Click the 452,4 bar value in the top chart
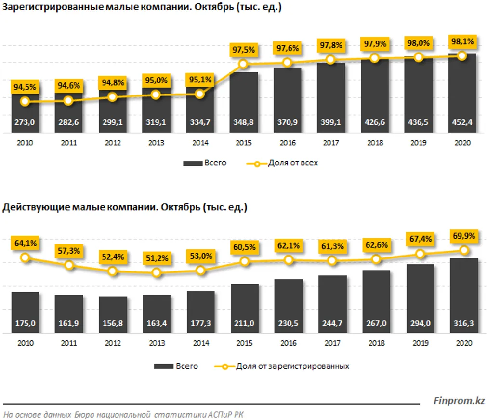click(461, 123)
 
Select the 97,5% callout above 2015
click(243, 50)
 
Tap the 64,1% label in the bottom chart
click(25, 244)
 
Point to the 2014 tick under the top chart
click(200, 143)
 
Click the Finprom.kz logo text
click(459, 401)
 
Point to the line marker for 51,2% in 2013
click(156, 273)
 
